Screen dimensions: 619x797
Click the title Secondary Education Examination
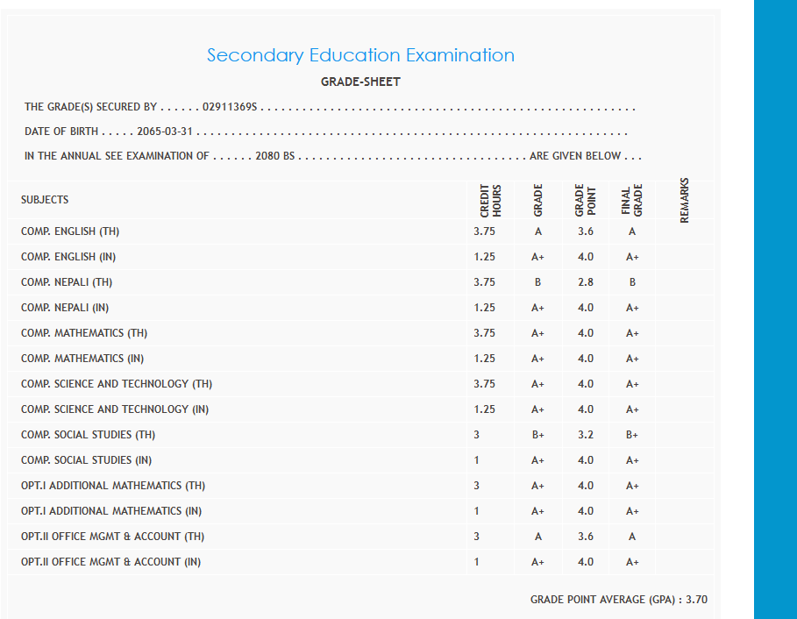tap(360, 55)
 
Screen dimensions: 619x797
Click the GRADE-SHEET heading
tap(360, 82)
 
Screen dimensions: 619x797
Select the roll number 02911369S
tap(230, 107)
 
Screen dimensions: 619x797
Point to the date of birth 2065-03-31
tap(165, 132)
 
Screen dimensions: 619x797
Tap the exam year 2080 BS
tap(274, 156)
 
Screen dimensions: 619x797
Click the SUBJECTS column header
tap(45, 200)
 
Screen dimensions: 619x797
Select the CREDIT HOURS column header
tap(490, 201)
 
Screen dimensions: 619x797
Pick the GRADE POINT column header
tap(585, 201)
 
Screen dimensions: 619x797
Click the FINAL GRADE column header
tap(632, 201)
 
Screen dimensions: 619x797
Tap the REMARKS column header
tap(685, 201)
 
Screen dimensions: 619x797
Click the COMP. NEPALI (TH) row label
tap(67, 282)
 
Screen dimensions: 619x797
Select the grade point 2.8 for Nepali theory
tap(586, 282)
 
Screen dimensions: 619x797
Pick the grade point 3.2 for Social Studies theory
tap(586, 435)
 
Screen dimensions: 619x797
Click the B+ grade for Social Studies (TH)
tap(538, 435)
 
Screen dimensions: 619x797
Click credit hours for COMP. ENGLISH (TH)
tap(484, 231)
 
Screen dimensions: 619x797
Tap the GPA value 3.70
tap(696, 600)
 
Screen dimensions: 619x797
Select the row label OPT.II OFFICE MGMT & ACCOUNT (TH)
tap(112, 537)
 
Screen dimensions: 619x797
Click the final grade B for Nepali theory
tap(632, 282)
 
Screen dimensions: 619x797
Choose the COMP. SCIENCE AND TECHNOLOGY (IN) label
tap(115, 409)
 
